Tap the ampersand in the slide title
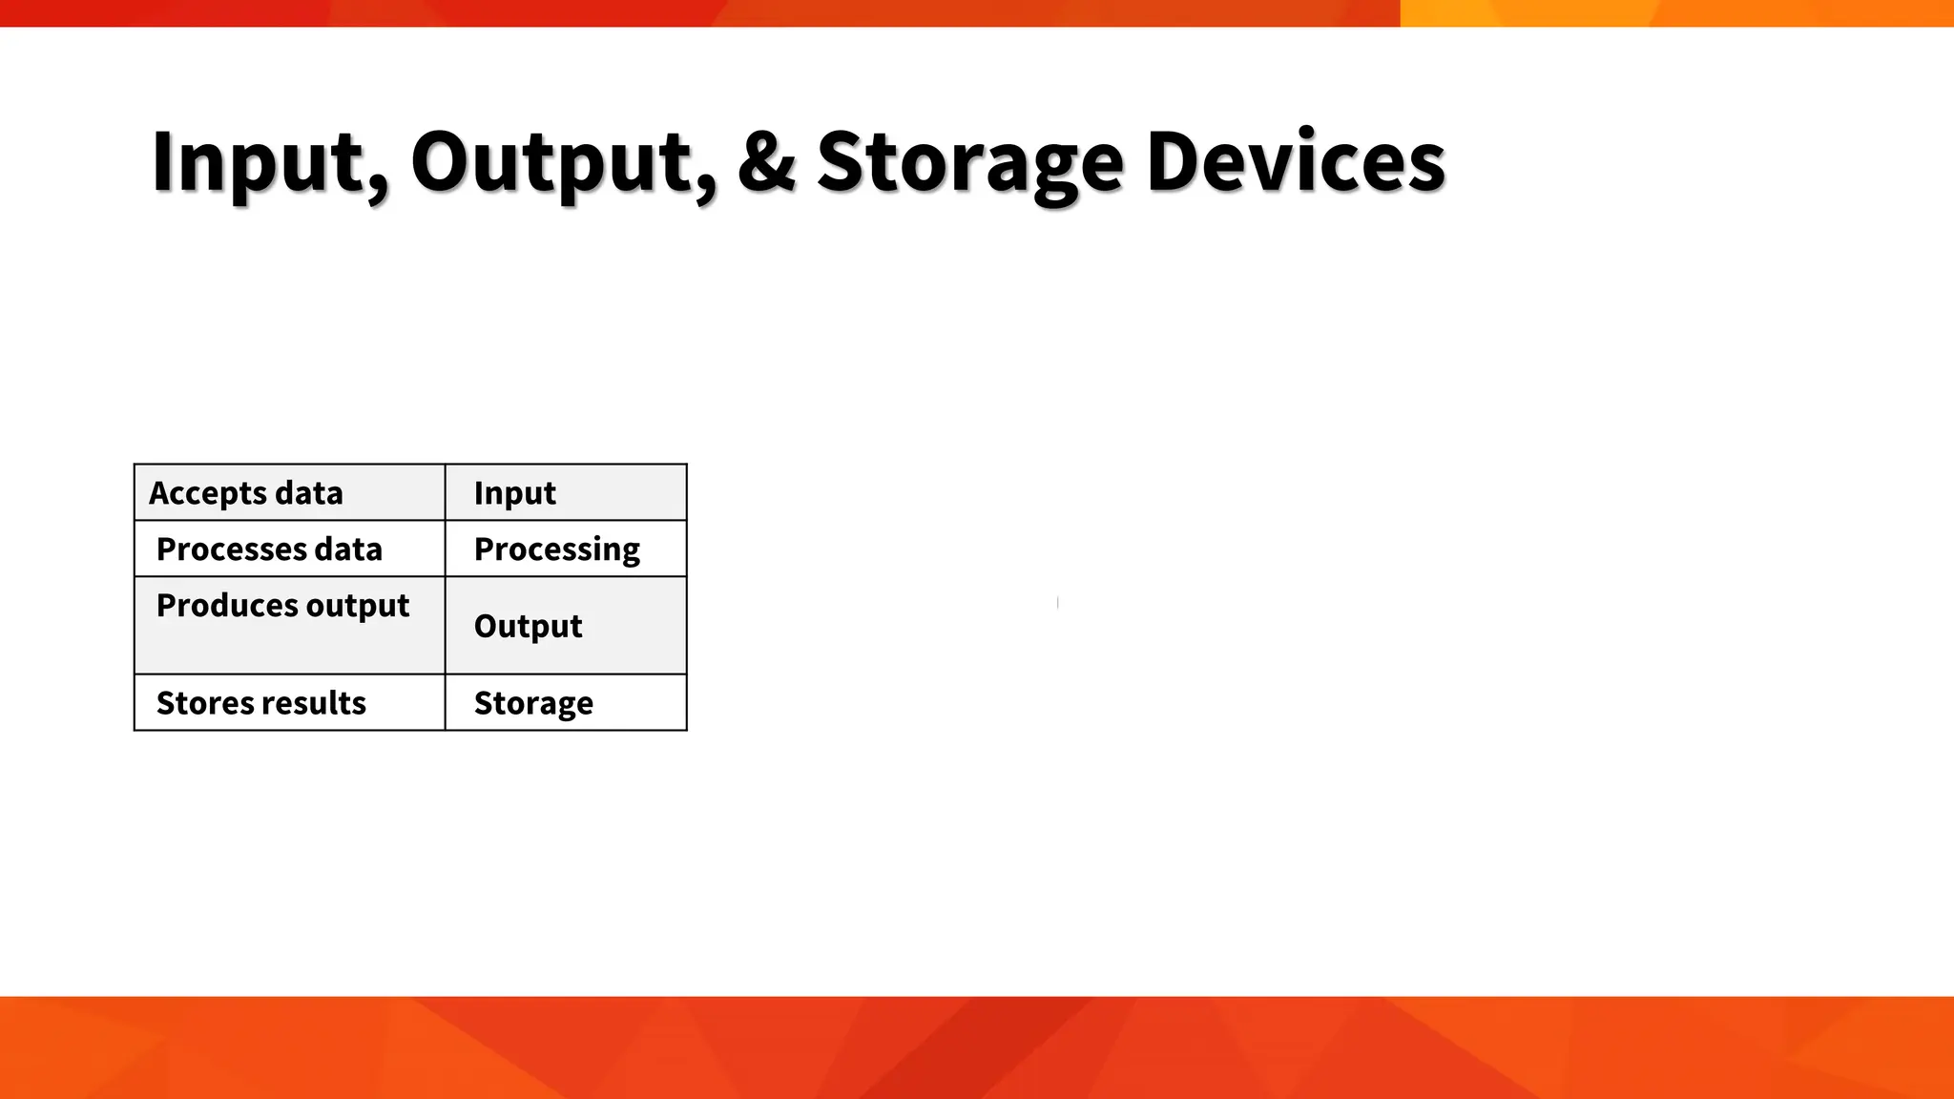[x=766, y=162]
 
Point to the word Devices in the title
[x=1296, y=162]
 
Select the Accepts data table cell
[x=289, y=492]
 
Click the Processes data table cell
[x=289, y=549]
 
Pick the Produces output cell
[x=289, y=625]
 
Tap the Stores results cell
[x=289, y=702]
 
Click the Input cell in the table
[x=566, y=492]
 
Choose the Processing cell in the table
[x=566, y=549]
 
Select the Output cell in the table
[x=566, y=625]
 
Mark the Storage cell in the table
[x=566, y=702]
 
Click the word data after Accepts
[x=308, y=493]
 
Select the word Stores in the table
[x=196, y=703]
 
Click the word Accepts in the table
[x=206, y=493]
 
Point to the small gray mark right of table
[x=1058, y=602]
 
